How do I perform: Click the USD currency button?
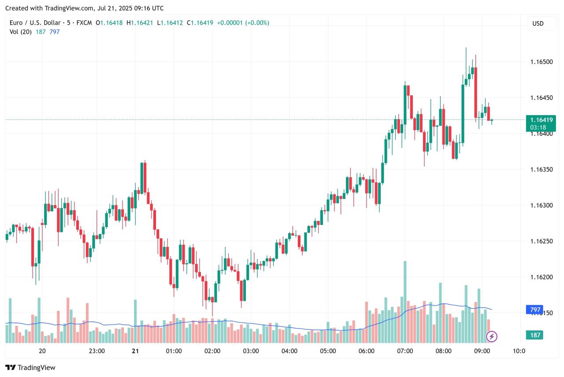pos(538,23)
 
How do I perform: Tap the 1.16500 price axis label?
pos(541,61)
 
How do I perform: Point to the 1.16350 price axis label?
pos(541,169)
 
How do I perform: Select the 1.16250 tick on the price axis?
pos(541,241)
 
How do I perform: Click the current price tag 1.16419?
pos(541,120)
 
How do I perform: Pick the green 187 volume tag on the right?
pos(535,335)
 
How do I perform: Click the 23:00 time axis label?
pos(97,351)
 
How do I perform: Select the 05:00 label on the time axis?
pos(328,351)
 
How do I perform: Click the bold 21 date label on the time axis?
pos(135,351)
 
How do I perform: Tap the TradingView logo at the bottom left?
pos(30,367)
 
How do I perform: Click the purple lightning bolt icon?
pos(492,337)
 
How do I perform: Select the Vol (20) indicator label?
pos(20,32)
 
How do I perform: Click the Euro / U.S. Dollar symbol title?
pos(37,22)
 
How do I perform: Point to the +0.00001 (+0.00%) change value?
pos(243,22)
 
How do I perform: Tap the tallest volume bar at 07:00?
pos(405,302)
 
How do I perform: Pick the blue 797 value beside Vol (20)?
pos(55,32)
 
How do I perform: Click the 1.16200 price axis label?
pos(541,277)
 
